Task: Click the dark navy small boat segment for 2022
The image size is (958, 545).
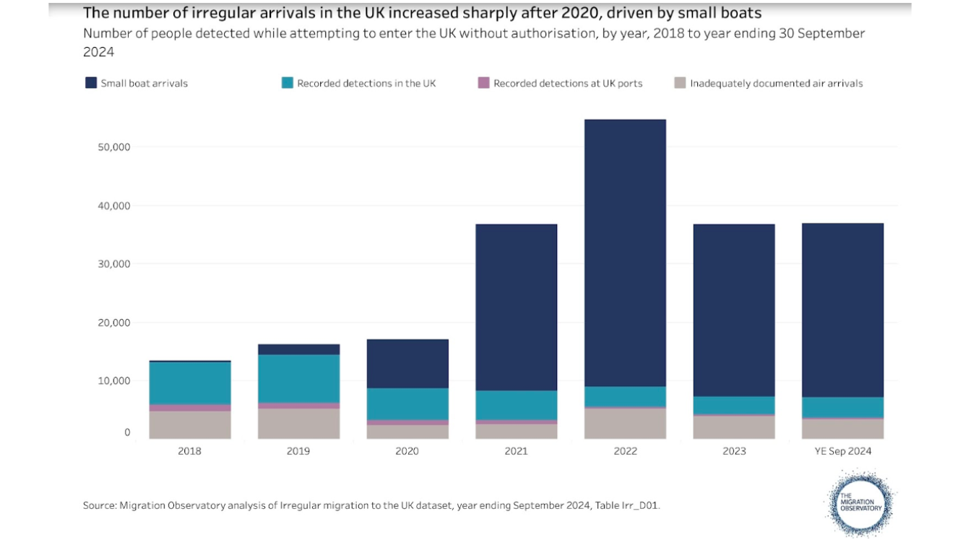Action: pyautogui.click(x=625, y=253)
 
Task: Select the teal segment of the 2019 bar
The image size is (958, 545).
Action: pyautogui.click(x=298, y=378)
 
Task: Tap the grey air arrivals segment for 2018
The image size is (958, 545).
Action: pyautogui.click(x=189, y=424)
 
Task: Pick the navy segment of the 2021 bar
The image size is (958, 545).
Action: pyautogui.click(x=516, y=307)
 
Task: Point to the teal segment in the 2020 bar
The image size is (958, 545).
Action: pyautogui.click(x=407, y=404)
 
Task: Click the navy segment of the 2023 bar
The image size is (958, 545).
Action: pyautogui.click(x=734, y=310)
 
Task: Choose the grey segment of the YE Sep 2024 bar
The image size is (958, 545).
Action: pyautogui.click(x=842, y=429)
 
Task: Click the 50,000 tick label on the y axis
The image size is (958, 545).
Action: pyautogui.click(x=113, y=147)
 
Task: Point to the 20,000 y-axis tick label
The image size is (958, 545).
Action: pyautogui.click(x=113, y=323)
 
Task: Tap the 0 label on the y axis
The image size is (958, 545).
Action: pyautogui.click(x=127, y=432)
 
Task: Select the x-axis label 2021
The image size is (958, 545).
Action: pyautogui.click(x=516, y=451)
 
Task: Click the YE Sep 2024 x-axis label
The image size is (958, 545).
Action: pyautogui.click(x=842, y=451)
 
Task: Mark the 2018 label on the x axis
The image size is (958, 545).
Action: pyautogui.click(x=189, y=451)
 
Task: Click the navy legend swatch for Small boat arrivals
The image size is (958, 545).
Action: pyautogui.click(x=90, y=83)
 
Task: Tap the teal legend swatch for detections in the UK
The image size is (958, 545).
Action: pyautogui.click(x=287, y=83)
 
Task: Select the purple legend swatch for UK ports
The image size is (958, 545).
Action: pyautogui.click(x=483, y=83)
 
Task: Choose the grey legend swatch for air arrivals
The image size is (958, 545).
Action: pyautogui.click(x=680, y=83)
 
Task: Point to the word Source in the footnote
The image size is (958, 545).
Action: pyautogui.click(x=99, y=505)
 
